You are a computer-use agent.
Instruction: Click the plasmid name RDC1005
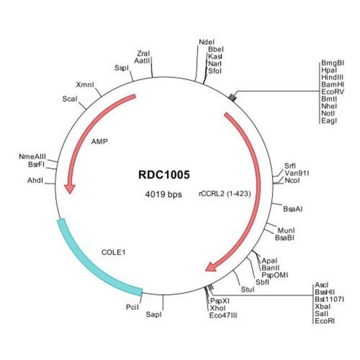164,175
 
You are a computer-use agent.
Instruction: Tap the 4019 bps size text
163,195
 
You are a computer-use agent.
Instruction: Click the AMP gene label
100,141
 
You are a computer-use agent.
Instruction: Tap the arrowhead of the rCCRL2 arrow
211,268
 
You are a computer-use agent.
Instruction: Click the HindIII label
332,78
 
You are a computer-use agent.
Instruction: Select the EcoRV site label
332,92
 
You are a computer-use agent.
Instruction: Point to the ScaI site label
69,100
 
